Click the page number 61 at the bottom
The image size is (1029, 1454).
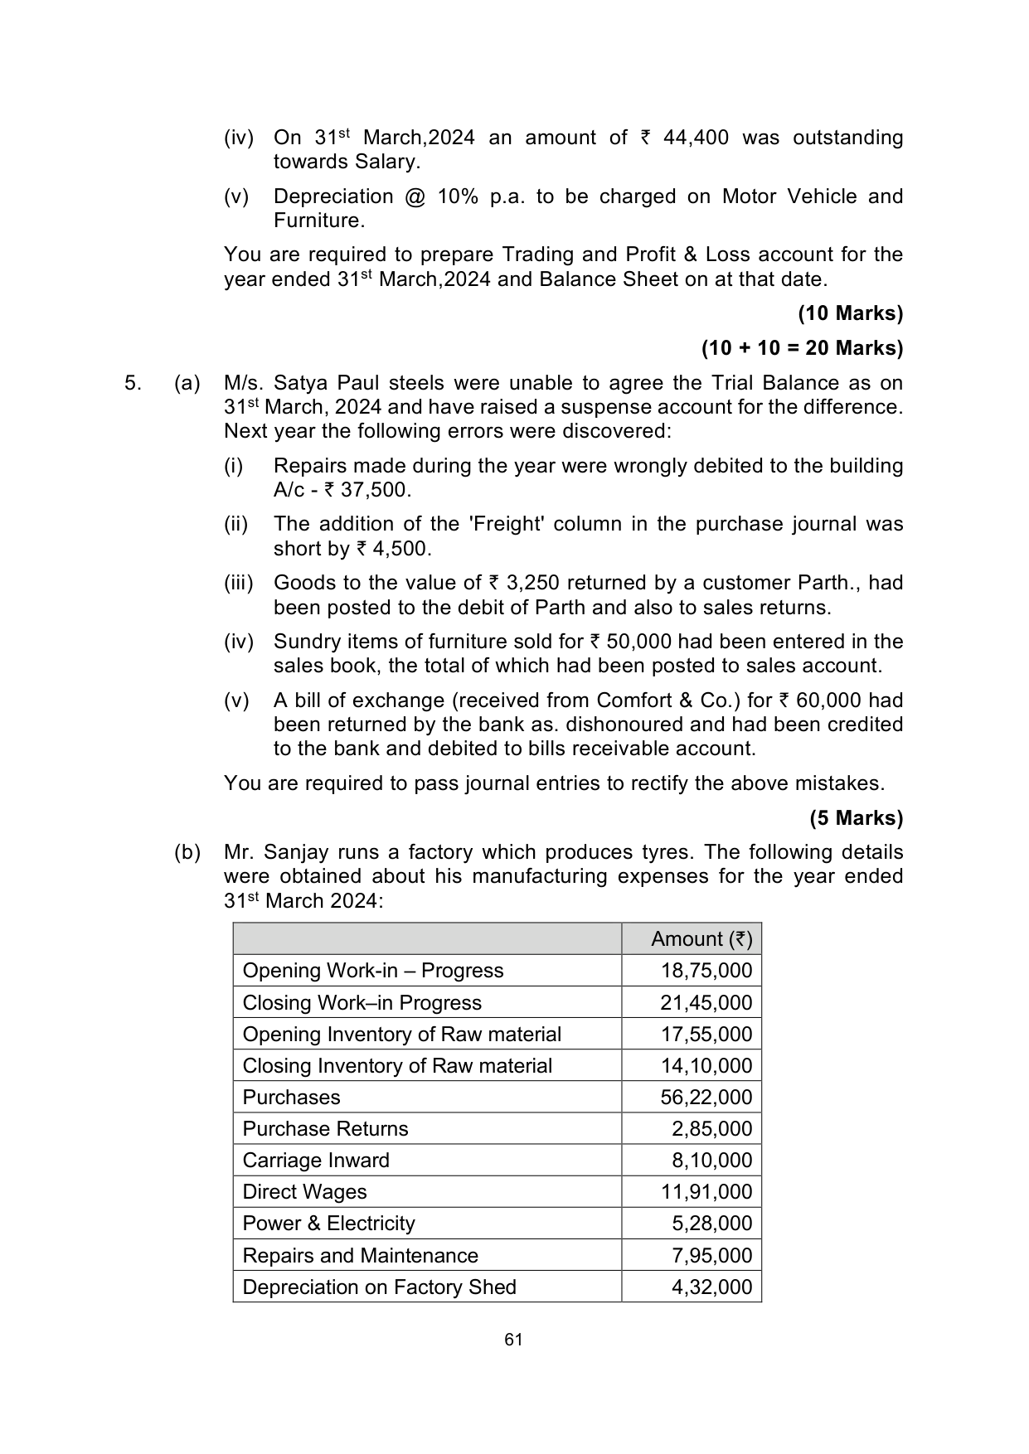[513, 1340]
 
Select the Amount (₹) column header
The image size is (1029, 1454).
[701, 939]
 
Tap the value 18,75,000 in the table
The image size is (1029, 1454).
[706, 971]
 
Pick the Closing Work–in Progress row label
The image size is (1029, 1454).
[362, 1003]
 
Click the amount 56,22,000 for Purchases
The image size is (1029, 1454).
[706, 1098]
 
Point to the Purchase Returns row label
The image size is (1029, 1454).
[325, 1129]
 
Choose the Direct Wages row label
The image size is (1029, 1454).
[304, 1192]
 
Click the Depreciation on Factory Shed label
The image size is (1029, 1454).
[379, 1287]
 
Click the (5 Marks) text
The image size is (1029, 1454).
[857, 818]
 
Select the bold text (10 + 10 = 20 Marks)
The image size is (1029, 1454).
[802, 348]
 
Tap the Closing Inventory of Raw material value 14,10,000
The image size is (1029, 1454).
[706, 1066]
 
